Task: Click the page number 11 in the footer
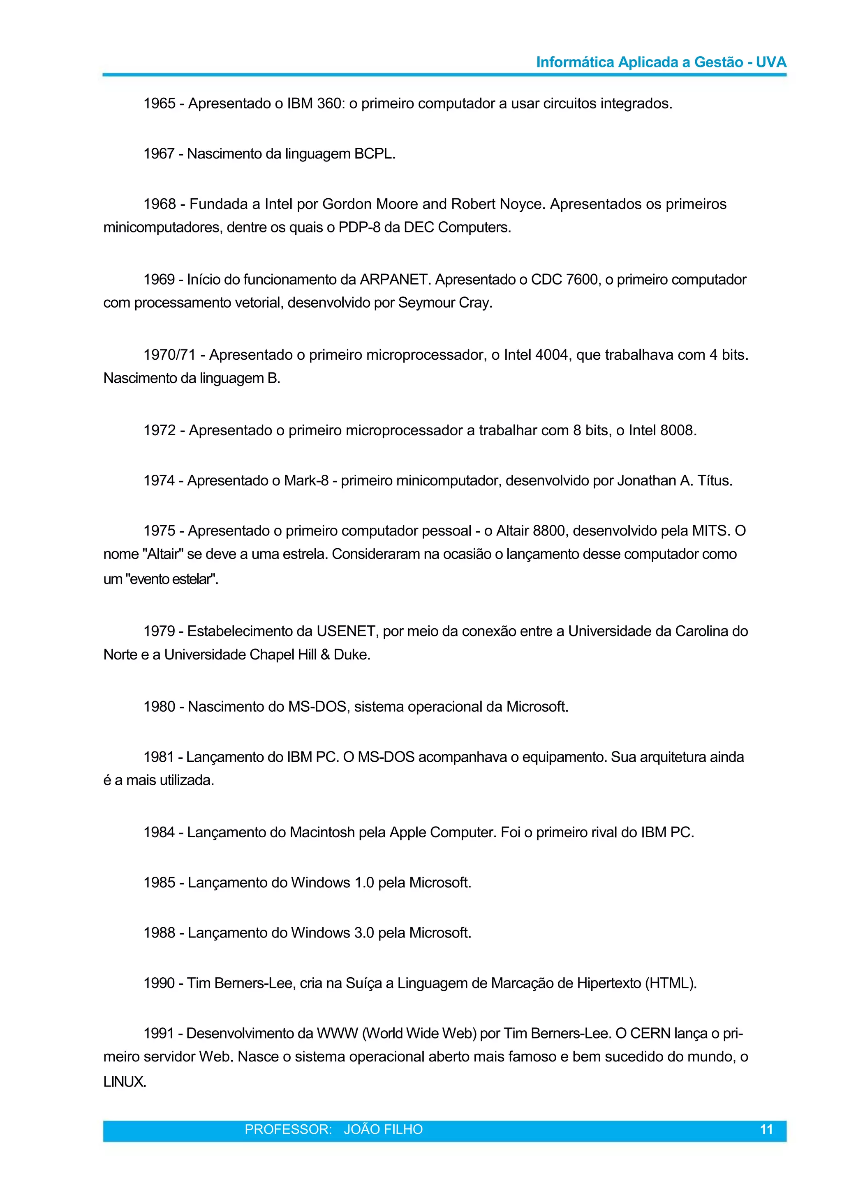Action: pyautogui.click(x=766, y=1140)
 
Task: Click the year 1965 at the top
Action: pyautogui.click(x=159, y=103)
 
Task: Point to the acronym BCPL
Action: pyautogui.click(x=374, y=154)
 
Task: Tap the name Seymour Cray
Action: pyautogui.click(x=444, y=303)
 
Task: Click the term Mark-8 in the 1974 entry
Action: pyautogui.click(x=306, y=481)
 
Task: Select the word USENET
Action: pyautogui.click(x=346, y=631)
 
